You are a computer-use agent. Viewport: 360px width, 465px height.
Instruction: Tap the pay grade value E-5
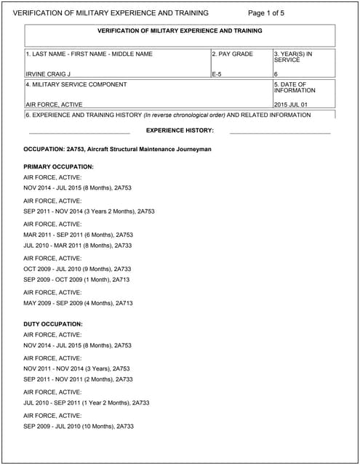[x=217, y=74]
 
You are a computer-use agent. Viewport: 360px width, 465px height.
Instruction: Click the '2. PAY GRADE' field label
[x=232, y=54]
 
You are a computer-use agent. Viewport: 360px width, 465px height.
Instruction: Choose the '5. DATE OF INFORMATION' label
[x=294, y=87]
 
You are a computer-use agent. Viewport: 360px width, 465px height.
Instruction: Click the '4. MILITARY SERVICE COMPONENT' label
[x=76, y=84]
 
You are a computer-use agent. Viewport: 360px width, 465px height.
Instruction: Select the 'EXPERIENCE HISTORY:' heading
[x=180, y=130]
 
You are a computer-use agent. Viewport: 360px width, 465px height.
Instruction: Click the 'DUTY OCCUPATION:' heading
[x=53, y=323]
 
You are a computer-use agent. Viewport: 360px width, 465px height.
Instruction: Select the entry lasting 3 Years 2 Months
[x=89, y=211]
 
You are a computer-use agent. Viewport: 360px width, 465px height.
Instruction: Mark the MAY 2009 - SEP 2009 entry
[x=78, y=303]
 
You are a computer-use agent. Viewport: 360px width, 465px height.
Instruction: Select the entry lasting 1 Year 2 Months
[x=86, y=403]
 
